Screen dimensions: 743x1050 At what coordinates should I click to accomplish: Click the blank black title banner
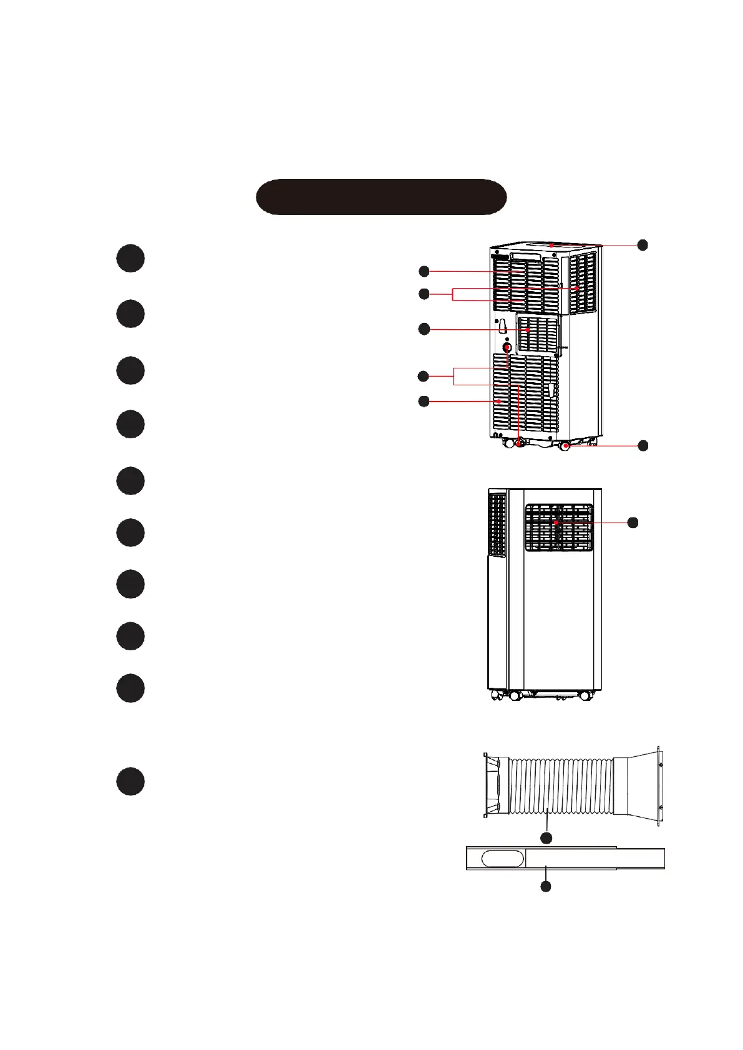[x=381, y=197]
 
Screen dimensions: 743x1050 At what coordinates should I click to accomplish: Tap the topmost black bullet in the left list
[x=130, y=258]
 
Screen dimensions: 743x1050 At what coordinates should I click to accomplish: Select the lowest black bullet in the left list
[x=130, y=781]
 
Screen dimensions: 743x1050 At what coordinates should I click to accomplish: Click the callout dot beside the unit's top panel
[x=643, y=245]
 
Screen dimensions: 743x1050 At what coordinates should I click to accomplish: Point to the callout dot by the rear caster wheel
[x=643, y=445]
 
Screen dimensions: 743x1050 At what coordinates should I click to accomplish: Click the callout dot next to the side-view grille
[x=633, y=523]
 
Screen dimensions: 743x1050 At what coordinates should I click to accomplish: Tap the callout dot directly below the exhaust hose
[x=546, y=838]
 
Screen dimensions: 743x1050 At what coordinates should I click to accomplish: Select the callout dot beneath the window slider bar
[x=546, y=886]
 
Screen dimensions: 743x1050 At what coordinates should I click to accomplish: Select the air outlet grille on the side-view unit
[x=558, y=527]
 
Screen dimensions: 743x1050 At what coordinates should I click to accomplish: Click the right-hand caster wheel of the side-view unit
[x=585, y=695]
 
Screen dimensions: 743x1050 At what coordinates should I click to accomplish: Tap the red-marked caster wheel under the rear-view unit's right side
[x=565, y=446]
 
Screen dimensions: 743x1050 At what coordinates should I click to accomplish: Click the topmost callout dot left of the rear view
[x=424, y=271]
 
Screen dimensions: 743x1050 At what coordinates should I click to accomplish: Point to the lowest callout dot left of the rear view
[x=424, y=401]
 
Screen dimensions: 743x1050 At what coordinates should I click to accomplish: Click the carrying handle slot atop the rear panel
[x=525, y=256]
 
